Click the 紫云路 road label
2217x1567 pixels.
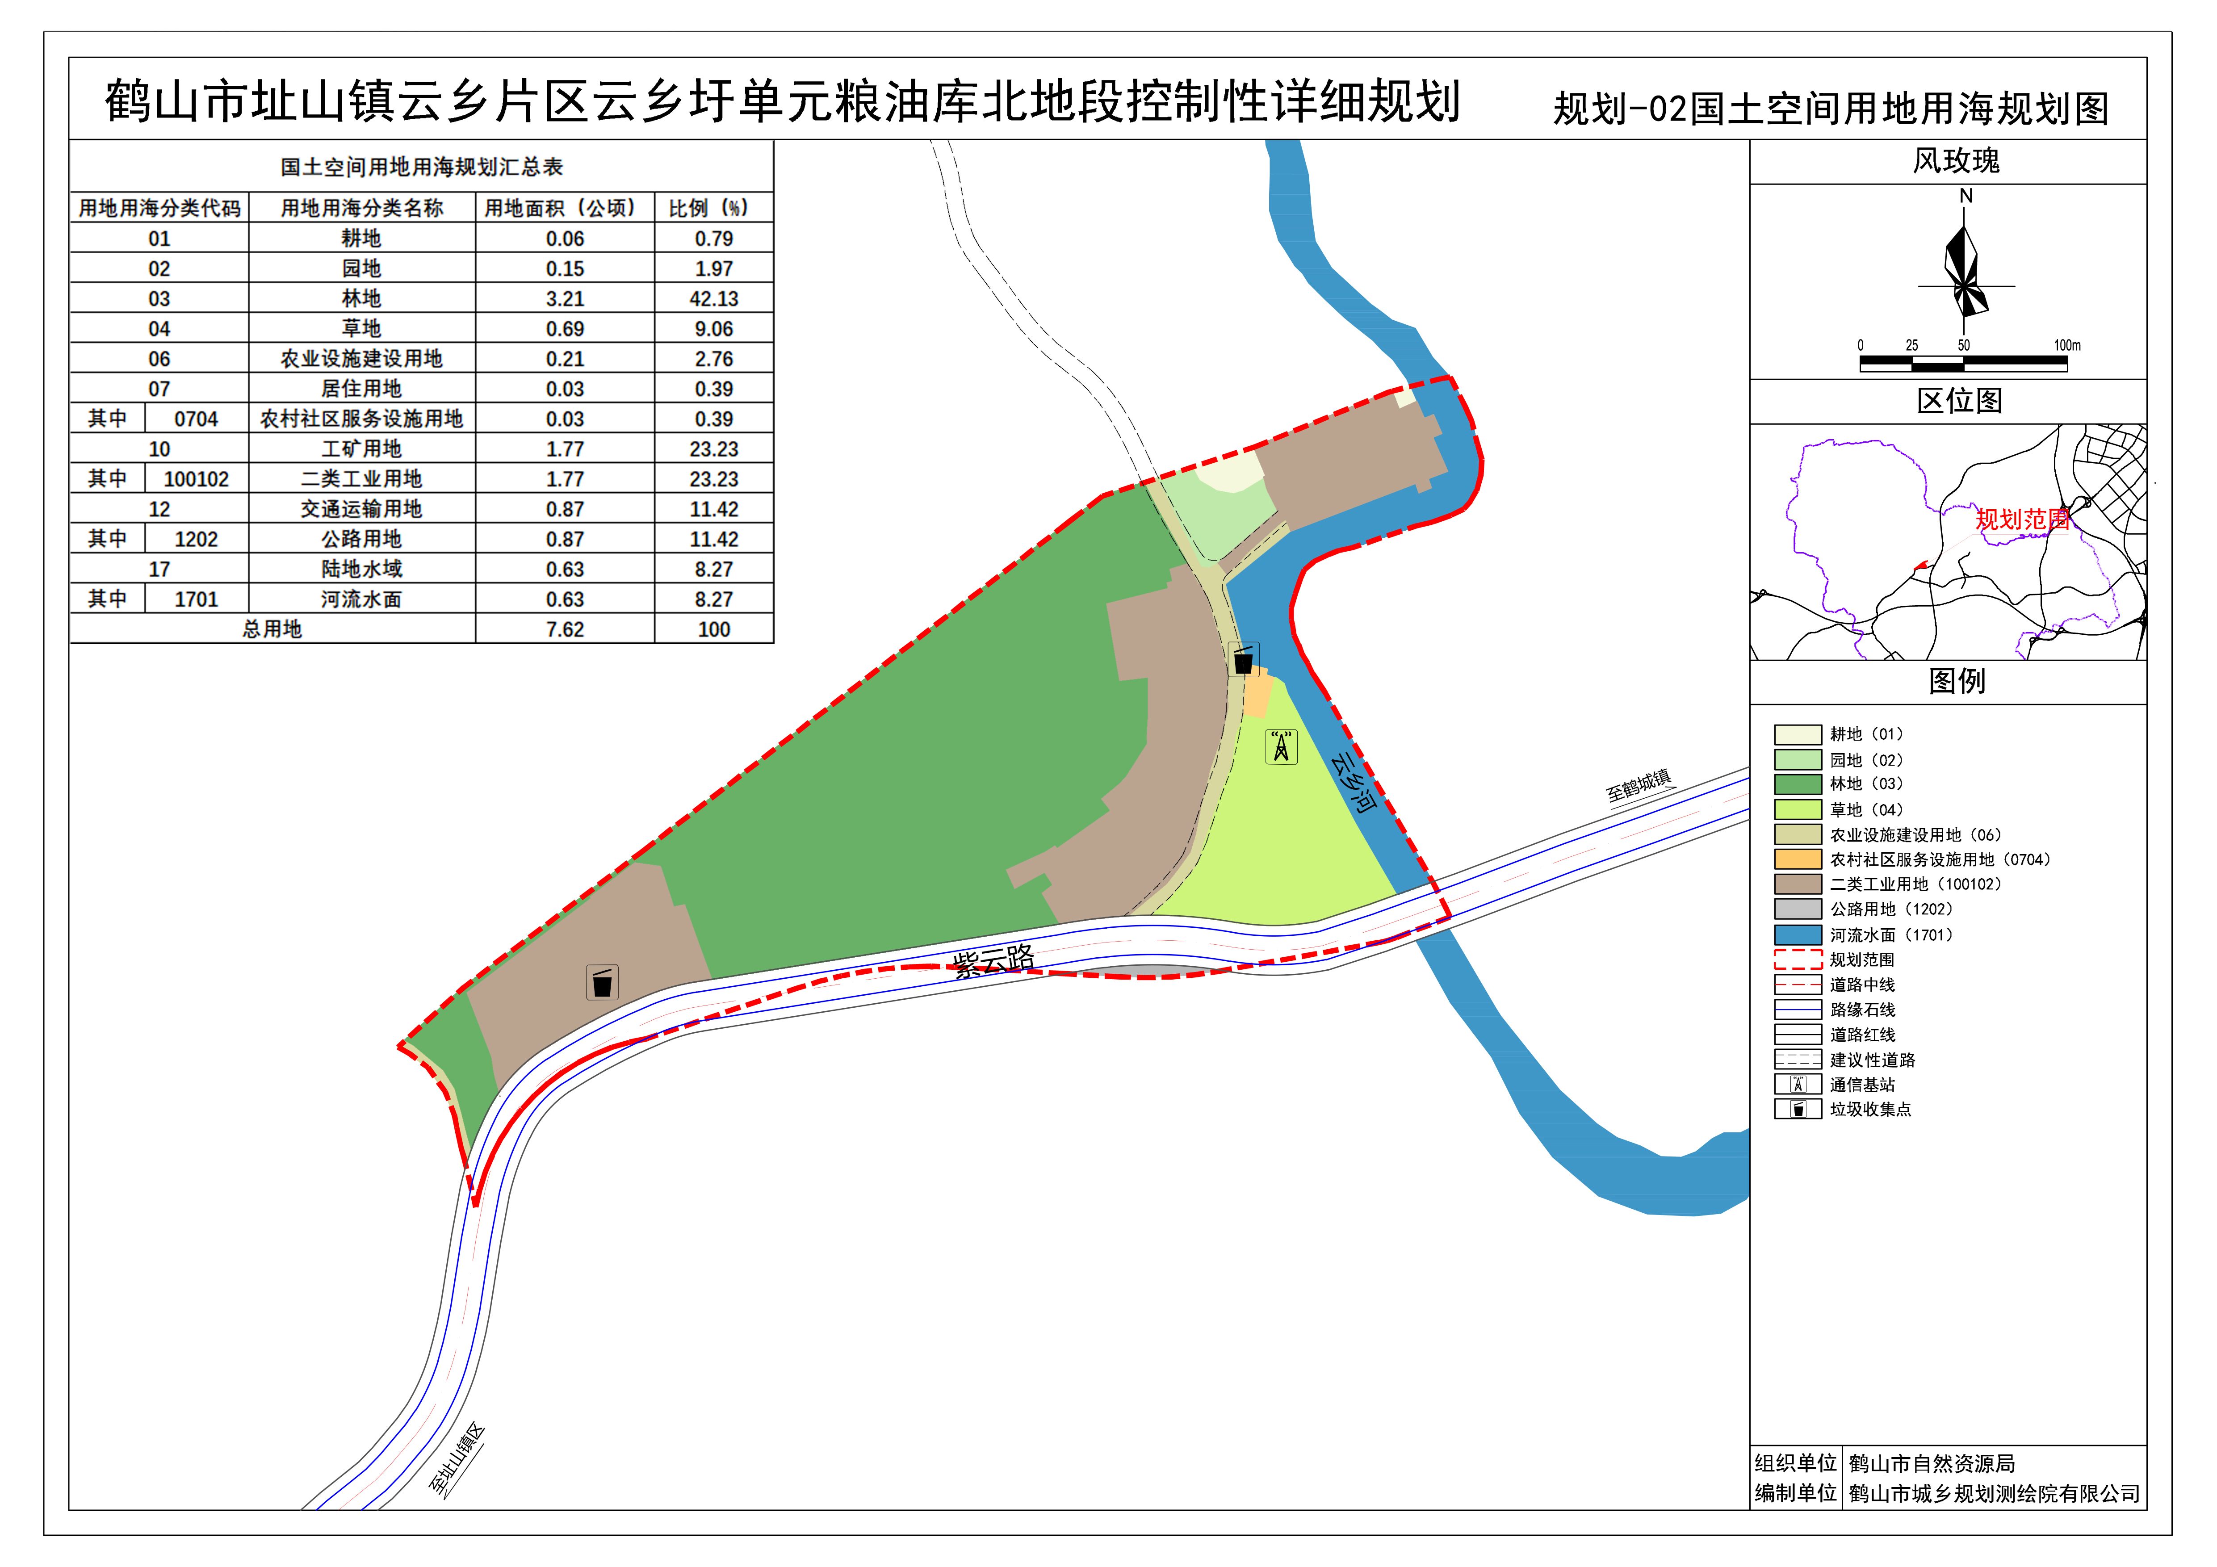click(x=993, y=962)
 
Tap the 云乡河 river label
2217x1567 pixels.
click(x=1353, y=781)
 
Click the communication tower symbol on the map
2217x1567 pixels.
click(x=1281, y=746)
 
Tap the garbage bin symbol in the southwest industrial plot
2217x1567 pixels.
click(x=603, y=983)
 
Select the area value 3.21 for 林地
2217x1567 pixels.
click(x=565, y=298)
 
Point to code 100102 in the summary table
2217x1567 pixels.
click(x=196, y=479)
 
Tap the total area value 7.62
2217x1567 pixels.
click(x=565, y=629)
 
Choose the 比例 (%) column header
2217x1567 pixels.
click(x=710, y=208)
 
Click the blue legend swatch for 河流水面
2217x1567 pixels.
click(x=1797, y=934)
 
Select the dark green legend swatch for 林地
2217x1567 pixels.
click(x=1797, y=784)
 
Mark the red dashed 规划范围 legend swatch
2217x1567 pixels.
click(x=1797, y=959)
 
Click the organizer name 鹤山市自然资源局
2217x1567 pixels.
click(x=1931, y=1464)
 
